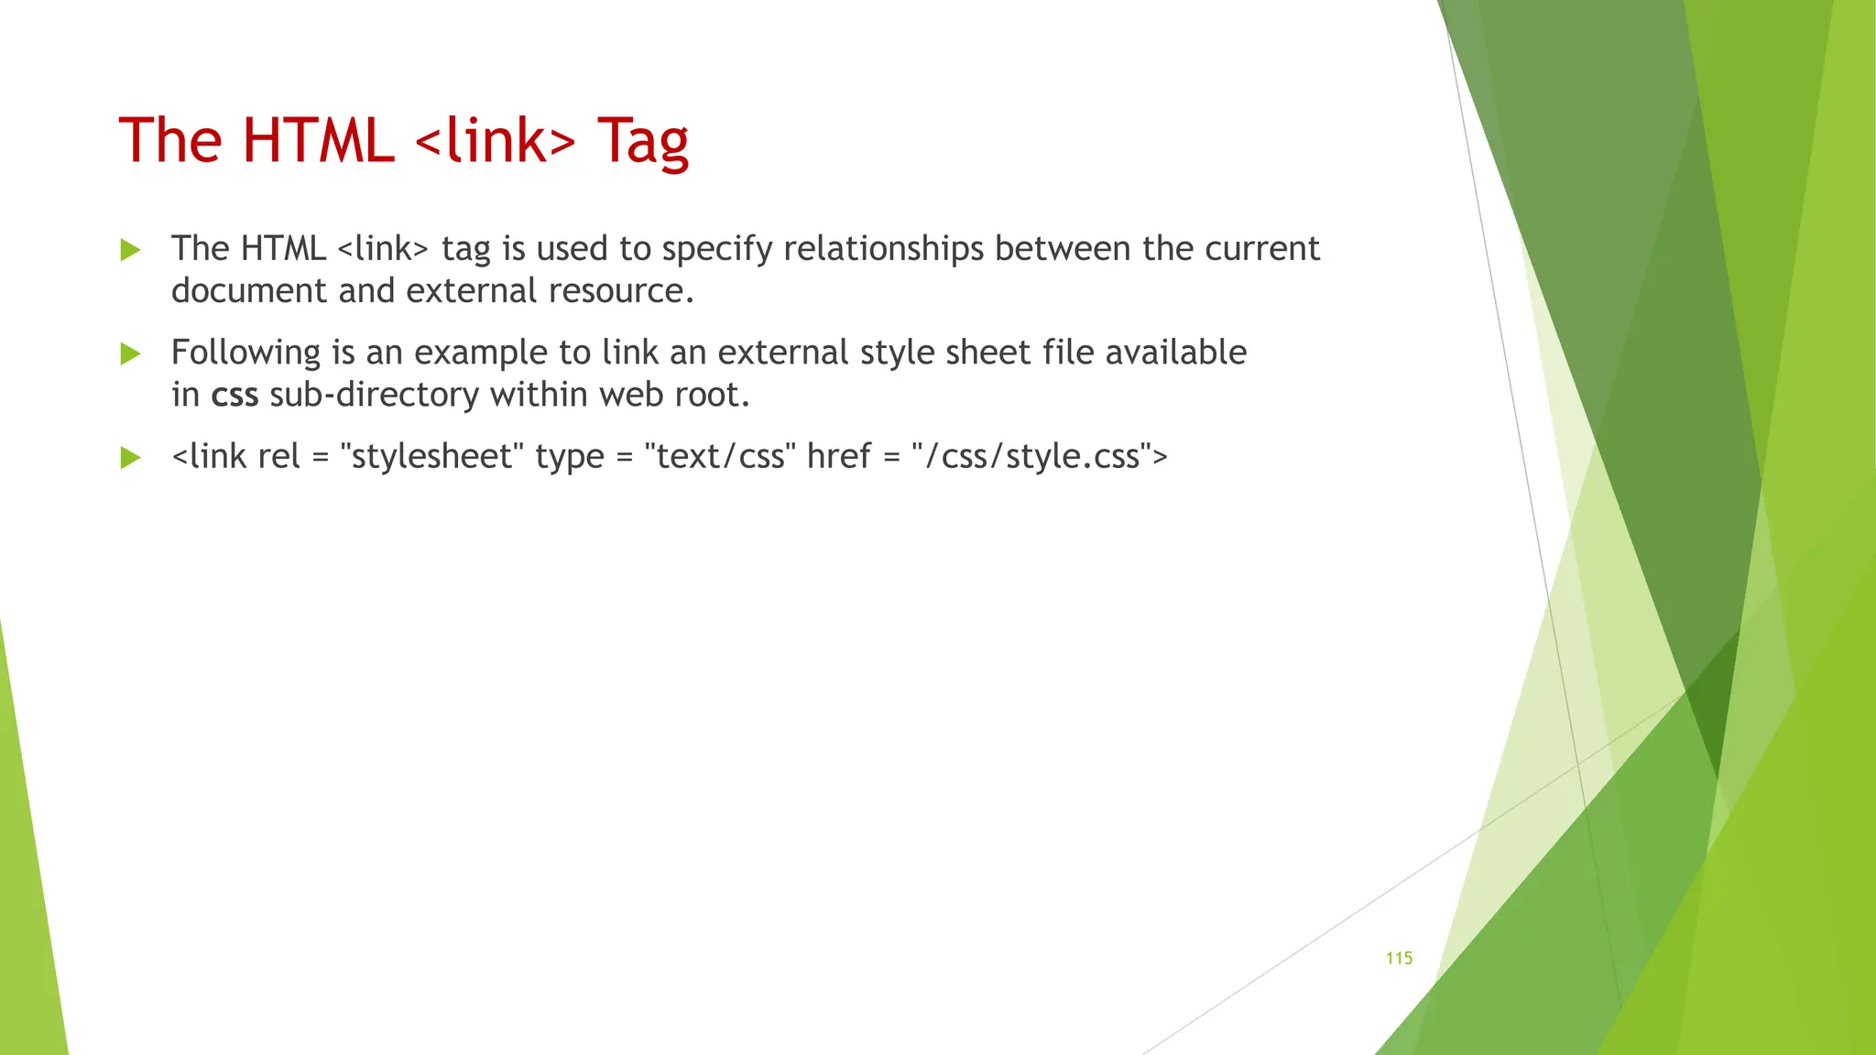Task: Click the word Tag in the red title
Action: (643, 142)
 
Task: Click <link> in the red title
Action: (496, 142)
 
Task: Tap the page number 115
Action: (1399, 958)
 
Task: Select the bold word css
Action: (234, 395)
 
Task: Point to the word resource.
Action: (621, 291)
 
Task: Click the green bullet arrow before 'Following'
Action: (131, 353)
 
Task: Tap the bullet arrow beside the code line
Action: (131, 457)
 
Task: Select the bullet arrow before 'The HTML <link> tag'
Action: (131, 249)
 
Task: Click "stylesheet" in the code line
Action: (431, 456)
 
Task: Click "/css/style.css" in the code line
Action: (1032, 456)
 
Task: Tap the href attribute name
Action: (838, 456)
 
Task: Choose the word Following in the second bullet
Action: (245, 353)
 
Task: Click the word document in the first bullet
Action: (248, 291)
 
